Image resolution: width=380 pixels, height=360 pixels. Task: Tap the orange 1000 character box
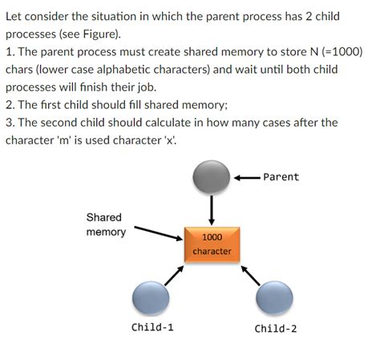click(212, 244)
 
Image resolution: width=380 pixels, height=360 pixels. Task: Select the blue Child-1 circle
click(151, 300)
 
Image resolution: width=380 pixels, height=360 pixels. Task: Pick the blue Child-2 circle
click(274, 300)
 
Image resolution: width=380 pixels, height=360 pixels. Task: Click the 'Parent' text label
click(281, 177)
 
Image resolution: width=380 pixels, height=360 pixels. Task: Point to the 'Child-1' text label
click(152, 328)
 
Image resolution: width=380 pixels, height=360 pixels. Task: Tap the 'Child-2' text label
click(276, 328)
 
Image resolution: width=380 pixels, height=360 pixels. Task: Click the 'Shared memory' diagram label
click(106, 224)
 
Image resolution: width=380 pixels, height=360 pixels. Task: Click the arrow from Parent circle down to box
click(212, 209)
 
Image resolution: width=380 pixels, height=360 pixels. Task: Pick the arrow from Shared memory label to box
click(157, 232)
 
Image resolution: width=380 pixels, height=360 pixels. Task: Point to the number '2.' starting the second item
click(10, 104)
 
